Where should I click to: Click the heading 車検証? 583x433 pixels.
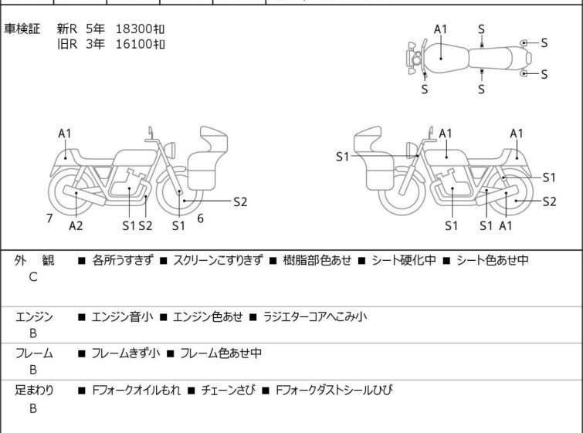coord(28,29)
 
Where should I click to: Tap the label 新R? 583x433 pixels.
coord(67,29)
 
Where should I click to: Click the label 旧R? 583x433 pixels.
coord(67,44)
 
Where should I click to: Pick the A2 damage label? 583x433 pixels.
coord(76,225)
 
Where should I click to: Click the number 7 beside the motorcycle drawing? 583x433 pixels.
coord(49,218)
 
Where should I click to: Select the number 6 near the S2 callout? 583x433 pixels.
coord(200,218)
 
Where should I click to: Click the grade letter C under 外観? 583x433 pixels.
coord(32,277)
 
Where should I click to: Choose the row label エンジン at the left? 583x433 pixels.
coord(34,316)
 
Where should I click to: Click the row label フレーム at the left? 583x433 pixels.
coord(34,354)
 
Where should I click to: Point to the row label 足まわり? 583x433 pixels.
coord(34,391)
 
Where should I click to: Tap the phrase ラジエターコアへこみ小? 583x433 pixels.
coord(314,316)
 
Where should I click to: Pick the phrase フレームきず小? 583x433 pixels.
coord(125,354)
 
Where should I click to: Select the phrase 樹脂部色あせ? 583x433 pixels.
coord(316,261)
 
